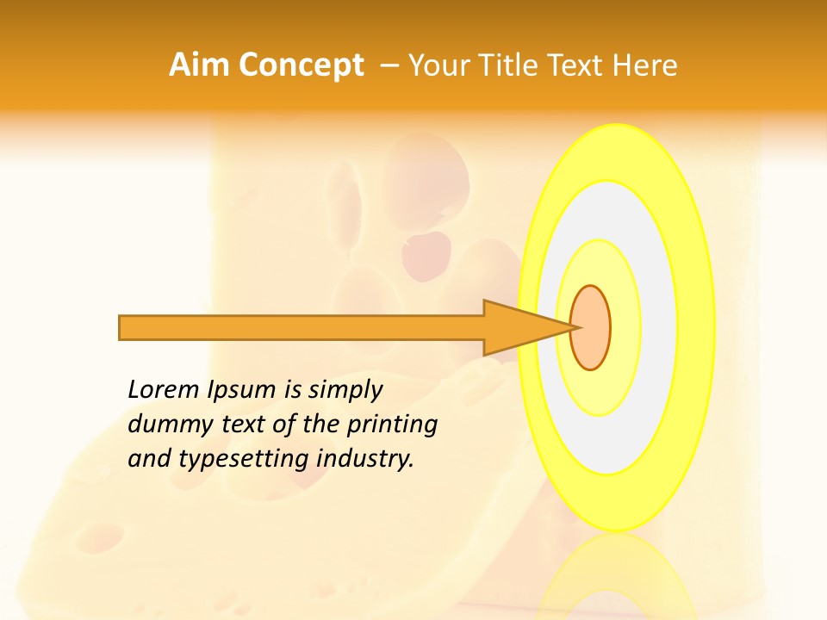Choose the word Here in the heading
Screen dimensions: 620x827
pyautogui.click(x=645, y=65)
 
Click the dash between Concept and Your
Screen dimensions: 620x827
pyautogui.click(x=389, y=65)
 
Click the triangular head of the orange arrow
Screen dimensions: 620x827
pyautogui.click(x=517, y=327)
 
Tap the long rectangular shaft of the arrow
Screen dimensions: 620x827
pyautogui.click(x=302, y=328)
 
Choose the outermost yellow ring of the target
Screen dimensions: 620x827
pyautogui.click(x=696, y=327)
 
